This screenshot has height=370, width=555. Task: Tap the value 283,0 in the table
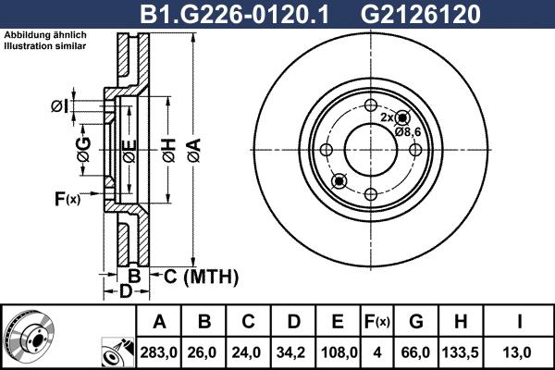click(x=159, y=351)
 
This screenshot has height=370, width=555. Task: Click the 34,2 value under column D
click(x=292, y=351)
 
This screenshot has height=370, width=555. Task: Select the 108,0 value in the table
click(x=338, y=351)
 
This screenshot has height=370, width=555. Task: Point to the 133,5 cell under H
click(x=459, y=351)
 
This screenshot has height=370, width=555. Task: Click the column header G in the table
click(x=415, y=321)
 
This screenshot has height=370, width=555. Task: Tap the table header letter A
click(x=159, y=321)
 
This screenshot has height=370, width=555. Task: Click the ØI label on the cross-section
click(x=59, y=106)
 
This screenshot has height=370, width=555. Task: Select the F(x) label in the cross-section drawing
click(x=67, y=198)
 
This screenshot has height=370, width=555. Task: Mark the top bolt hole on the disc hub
click(x=370, y=105)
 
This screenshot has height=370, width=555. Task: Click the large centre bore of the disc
click(x=370, y=149)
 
